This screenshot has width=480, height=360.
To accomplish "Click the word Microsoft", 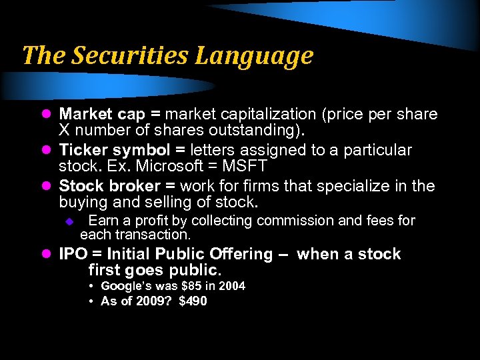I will (x=179, y=166).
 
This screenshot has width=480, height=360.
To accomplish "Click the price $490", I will (x=193, y=301).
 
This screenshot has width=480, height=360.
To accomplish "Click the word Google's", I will (x=124, y=286).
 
